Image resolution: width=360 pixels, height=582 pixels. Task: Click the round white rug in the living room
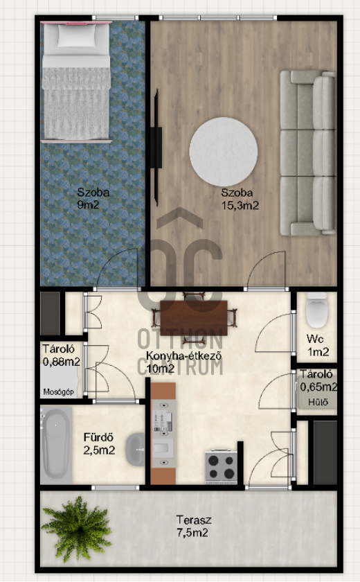pyautogui.click(x=223, y=152)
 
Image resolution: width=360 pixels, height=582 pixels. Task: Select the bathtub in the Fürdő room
pyautogui.click(x=56, y=444)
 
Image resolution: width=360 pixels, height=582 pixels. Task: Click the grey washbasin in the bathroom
pyautogui.click(x=135, y=450)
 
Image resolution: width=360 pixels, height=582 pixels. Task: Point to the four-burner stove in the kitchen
pyautogui.click(x=222, y=466)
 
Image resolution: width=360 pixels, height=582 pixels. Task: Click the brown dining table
pyautogui.click(x=194, y=312)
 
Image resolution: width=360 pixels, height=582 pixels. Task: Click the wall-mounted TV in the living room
pyautogui.click(x=157, y=148)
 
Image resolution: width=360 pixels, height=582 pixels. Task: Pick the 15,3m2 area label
pyautogui.click(x=240, y=205)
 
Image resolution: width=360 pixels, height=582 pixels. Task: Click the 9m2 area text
pyautogui.click(x=88, y=204)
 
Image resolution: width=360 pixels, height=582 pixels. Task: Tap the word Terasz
pyautogui.click(x=194, y=520)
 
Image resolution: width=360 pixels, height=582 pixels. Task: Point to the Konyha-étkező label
pyautogui.click(x=184, y=355)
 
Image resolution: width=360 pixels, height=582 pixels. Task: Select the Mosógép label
pyautogui.click(x=58, y=392)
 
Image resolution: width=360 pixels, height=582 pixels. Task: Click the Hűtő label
pyautogui.click(x=318, y=402)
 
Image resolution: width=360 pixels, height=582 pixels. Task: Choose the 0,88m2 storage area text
pyautogui.click(x=61, y=362)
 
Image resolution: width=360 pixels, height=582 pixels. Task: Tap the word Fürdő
pyautogui.click(x=98, y=437)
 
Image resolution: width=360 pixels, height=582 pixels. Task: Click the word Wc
pyautogui.click(x=315, y=339)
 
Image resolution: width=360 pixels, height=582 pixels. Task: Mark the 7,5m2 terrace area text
pyautogui.click(x=192, y=533)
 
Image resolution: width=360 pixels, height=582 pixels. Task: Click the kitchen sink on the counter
pyautogui.click(x=163, y=448)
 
